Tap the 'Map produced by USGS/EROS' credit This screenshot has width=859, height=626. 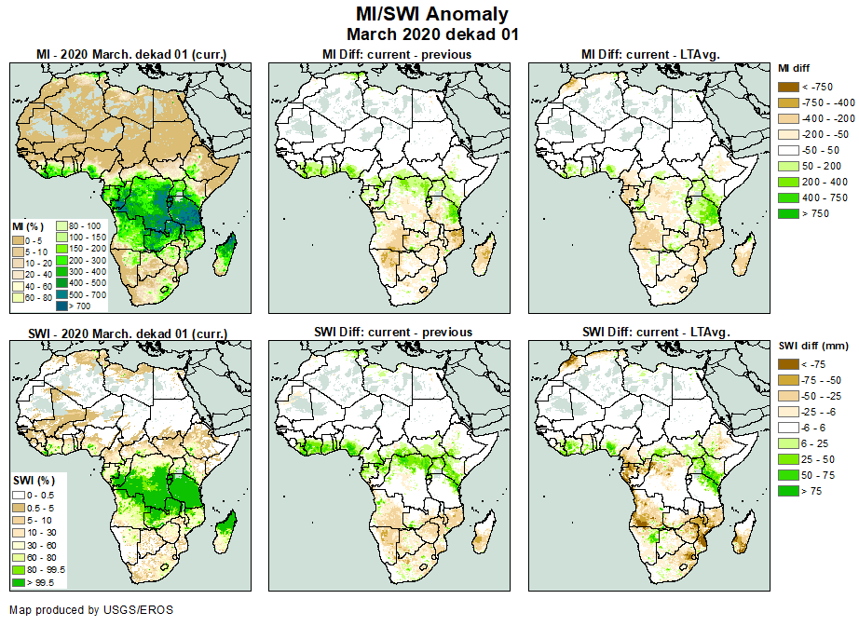click(91, 610)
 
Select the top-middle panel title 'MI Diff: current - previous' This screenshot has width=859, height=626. click(396, 54)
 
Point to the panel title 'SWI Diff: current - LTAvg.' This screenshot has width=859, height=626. click(655, 332)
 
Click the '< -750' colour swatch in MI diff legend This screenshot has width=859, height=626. click(788, 86)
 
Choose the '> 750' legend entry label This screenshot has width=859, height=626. click(816, 213)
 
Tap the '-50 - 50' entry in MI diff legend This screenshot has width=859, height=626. click(821, 149)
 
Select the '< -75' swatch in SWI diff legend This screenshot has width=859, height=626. click(788, 364)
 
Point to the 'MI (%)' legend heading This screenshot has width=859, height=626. click(26, 226)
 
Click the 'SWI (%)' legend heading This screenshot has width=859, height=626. click(29, 479)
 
